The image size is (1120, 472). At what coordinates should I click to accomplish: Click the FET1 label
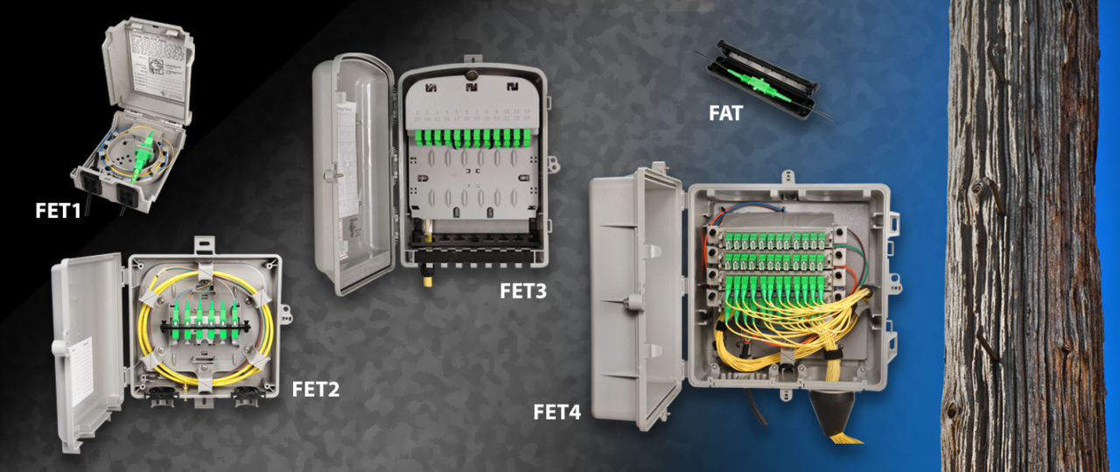coord(64,210)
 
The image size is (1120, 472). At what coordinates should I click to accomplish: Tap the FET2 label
coord(316,389)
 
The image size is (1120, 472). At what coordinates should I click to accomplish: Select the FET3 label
coord(522,291)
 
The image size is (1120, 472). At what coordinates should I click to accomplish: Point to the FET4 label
coord(556,410)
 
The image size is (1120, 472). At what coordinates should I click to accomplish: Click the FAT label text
coord(725,113)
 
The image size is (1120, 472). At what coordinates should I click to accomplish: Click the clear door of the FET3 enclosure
coord(354,171)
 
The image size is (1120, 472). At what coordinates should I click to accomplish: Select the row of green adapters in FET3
coord(471,138)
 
